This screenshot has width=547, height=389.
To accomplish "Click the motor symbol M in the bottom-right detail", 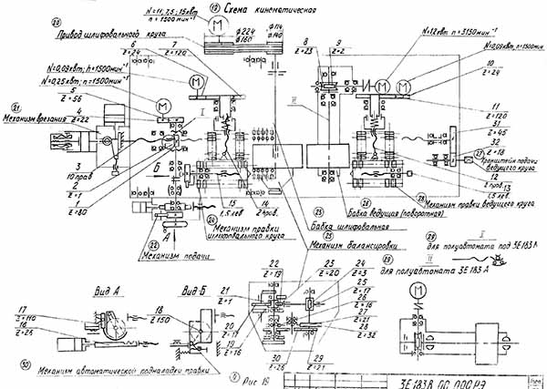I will (x=416, y=290).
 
